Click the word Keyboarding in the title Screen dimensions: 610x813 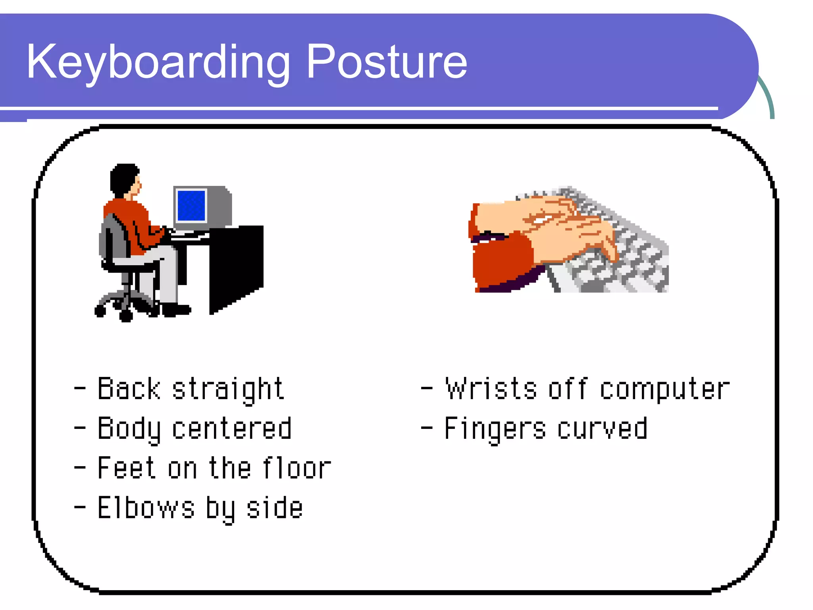click(x=158, y=63)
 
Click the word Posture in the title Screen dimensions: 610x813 click(x=387, y=63)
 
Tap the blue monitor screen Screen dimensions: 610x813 click(x=191, y=205)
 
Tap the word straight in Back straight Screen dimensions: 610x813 click(x=228, y=389)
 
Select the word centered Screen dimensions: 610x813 click(x=232, y=429)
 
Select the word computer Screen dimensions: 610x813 click(x=665, y=389)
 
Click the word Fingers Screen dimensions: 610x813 click(x=495, y=429)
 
